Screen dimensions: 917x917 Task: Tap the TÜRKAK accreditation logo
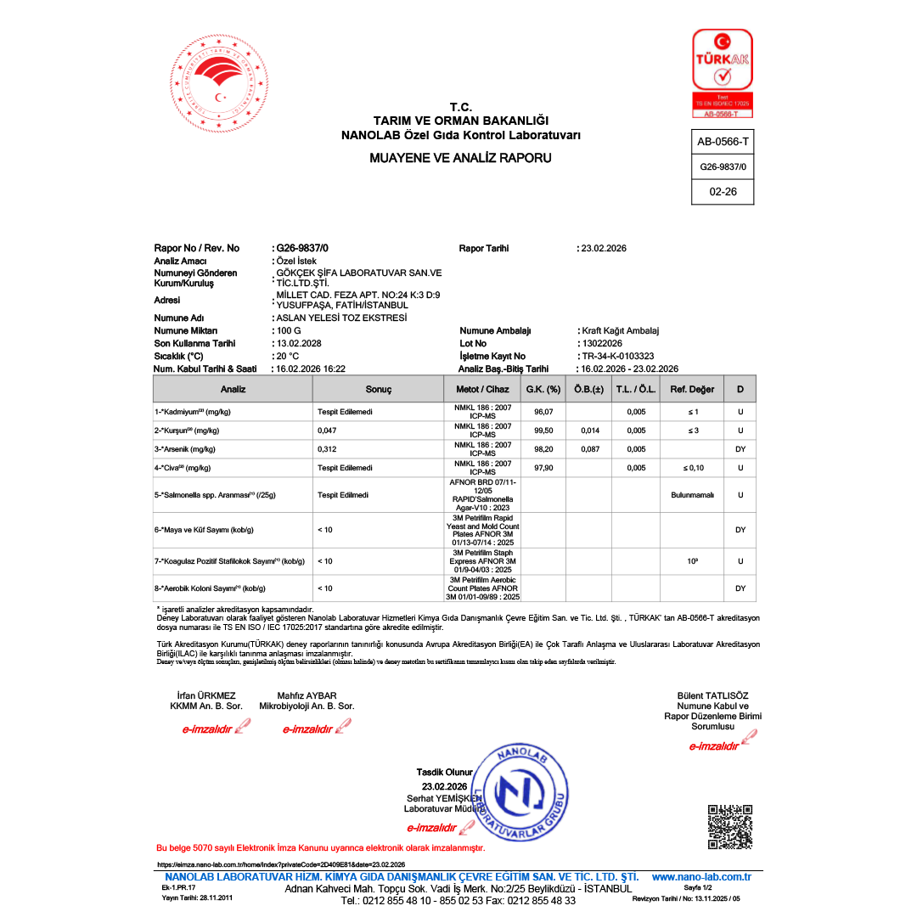[722, 72]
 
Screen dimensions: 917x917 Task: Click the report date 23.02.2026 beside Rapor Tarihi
[604, 248]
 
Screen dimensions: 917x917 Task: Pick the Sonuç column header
[378, 389]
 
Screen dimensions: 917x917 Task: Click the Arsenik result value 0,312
[327, 449]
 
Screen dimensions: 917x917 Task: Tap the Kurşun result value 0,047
[327, 430]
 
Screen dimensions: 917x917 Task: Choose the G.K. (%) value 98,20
[543, 449]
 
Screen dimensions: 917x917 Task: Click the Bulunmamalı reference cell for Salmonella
[692, 494]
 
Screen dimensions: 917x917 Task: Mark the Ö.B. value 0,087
[590, 449]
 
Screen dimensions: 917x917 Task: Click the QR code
[729, 826]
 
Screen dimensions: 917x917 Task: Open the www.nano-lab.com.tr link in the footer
[701, 876]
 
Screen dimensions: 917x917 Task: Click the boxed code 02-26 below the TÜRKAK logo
[723, 192]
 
